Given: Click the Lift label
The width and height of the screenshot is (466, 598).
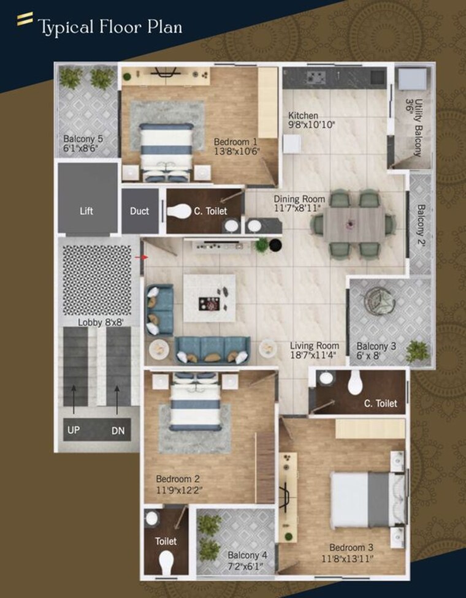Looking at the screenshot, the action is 86,211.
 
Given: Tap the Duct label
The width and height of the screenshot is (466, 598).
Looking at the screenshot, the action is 139,211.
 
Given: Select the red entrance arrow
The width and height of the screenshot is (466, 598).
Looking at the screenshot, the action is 141,257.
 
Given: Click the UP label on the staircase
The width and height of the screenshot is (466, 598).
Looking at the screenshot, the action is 74,430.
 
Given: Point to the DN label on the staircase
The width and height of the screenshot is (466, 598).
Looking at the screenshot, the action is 118,431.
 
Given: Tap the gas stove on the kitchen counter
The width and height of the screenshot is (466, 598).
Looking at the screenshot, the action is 316,77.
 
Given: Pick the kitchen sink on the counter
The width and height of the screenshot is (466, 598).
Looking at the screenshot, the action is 378,76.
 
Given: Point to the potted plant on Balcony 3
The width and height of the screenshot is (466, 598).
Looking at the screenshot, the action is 417,351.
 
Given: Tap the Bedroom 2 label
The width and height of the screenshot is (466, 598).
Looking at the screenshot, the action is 178,479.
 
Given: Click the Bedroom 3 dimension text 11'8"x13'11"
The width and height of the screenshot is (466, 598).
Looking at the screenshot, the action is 347,559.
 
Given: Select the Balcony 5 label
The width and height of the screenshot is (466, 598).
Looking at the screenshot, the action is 83,138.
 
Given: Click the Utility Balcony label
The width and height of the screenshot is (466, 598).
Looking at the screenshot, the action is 418,128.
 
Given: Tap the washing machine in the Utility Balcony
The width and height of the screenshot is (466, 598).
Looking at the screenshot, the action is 413,78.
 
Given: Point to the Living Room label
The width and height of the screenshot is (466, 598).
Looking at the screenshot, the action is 315,346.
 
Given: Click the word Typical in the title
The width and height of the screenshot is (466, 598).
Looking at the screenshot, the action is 66,28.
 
